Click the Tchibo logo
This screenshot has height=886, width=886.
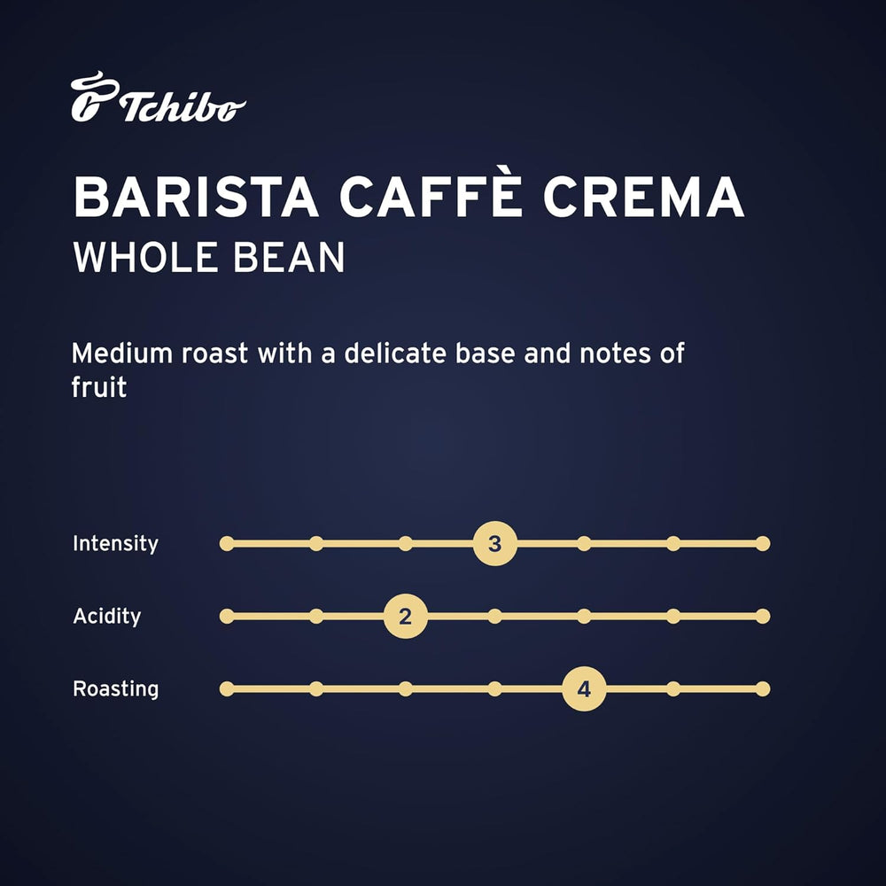click(x=158, y=99)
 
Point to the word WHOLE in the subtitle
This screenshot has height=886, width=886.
click(x=143, y=257)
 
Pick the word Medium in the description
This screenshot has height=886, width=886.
click(x=122, y=353)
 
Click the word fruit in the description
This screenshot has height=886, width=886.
click(x=99, y=387)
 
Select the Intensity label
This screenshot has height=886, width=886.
click(x=115, y=543)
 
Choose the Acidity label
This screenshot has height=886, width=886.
click(x=106, y=616)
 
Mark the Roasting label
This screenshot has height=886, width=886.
click(x=115, y=688)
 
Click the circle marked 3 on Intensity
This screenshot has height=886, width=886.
click(x=494, y=543)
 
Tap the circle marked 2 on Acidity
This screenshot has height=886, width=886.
click(x=405, y=616)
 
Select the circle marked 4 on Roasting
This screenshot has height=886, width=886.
click(x=584, y=688)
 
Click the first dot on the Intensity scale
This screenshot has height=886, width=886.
click(x=227, y=543)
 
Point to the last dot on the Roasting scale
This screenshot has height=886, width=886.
click(x=763, y=688)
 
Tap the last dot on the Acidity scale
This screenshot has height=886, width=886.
click(x=763, y=616)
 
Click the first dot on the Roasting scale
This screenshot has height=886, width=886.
click(x=227, y=688)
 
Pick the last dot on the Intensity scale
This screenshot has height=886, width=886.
click(x=763, y=543)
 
